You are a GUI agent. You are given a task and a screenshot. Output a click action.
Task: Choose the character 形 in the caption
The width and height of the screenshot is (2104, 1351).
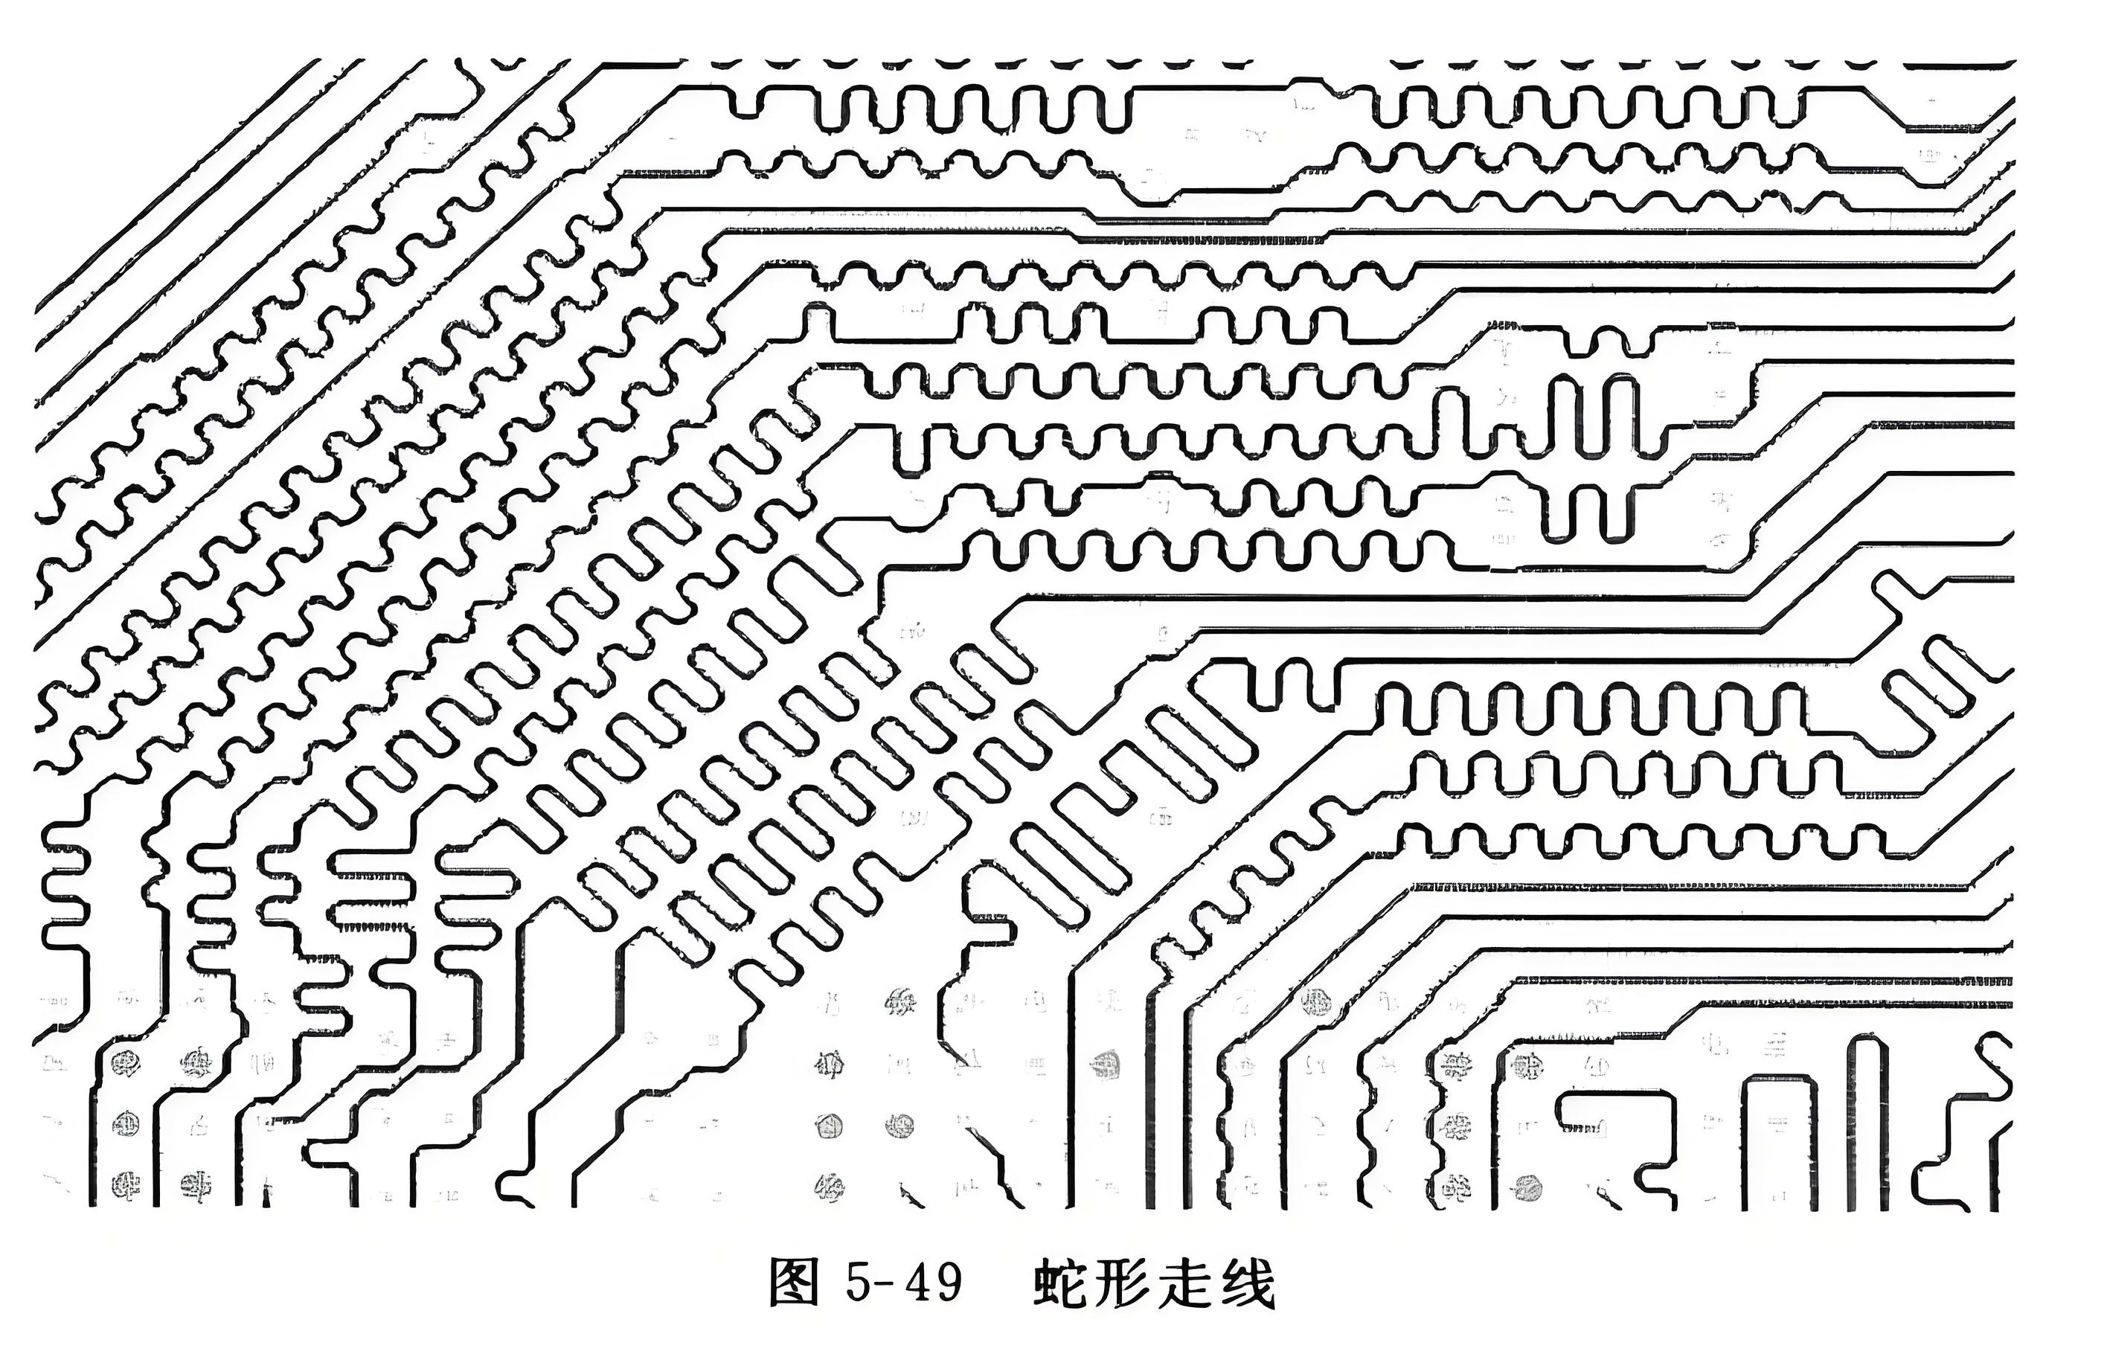[x=1126, y=1284]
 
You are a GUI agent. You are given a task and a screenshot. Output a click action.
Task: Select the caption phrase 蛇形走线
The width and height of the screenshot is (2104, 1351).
[x=1155, y=1284]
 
